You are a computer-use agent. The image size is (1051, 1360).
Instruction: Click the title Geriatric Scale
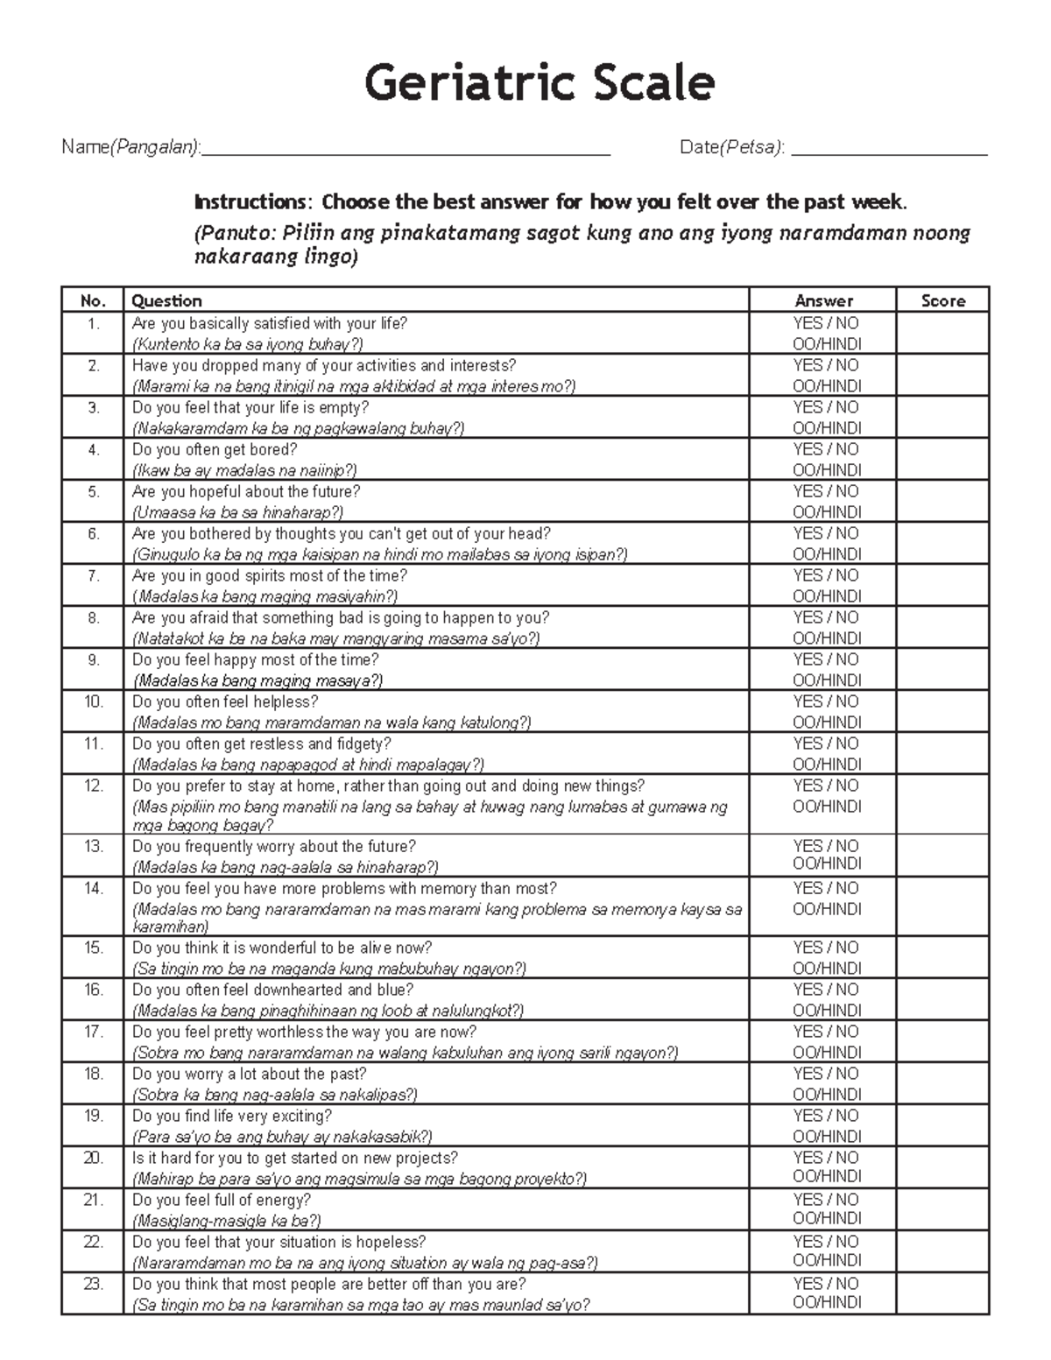(x=540, y=84)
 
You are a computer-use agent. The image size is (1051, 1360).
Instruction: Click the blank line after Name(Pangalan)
(x=406, y=149)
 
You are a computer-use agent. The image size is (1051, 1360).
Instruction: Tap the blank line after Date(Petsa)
(x=889, y=149)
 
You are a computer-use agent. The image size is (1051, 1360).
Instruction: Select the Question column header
(x=166, y=300)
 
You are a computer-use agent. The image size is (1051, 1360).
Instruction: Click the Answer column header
(x=823, y=300)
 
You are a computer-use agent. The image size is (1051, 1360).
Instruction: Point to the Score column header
(x=943, y=300)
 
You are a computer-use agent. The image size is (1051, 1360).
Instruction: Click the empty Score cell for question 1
(x=942, y=334)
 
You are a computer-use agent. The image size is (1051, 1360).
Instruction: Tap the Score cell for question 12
(x=942, y=805)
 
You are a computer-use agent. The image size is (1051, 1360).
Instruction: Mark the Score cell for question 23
(x=942, y=1293)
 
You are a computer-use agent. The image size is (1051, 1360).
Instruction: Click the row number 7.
(x=94, y=576)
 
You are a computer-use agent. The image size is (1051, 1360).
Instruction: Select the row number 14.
(x=94, y=889)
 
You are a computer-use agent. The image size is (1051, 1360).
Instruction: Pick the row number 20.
(x=94, y=1158)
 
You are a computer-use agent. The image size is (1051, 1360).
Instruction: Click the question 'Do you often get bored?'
(x=215, y=450)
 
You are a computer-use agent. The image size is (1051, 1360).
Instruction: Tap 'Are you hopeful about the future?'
(x=246, y=492)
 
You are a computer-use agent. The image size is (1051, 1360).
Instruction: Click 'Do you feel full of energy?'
(x=222, y=1200)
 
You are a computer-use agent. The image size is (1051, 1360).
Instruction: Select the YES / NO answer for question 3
(x=826, y=407)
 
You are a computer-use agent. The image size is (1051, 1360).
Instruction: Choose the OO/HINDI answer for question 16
(x=827, y=1011)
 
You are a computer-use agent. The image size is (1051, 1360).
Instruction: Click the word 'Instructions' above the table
(x=250, y=202)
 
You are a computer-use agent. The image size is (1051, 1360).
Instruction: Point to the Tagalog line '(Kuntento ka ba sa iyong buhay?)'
(x=247, y=344)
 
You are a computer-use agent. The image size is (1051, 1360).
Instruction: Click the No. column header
(x=93, y=300)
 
